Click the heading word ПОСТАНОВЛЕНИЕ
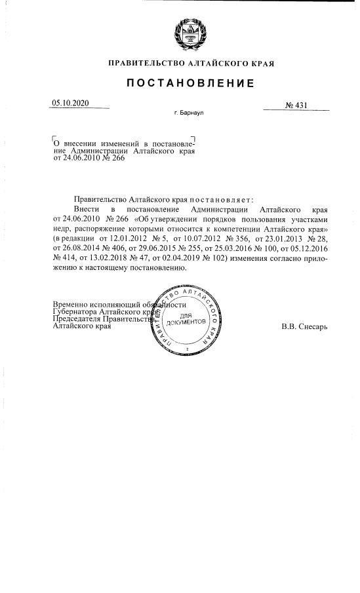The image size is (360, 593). [x=190, y=83]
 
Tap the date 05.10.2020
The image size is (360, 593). [x=70, y=103]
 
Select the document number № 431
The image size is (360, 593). [x=296, y=105]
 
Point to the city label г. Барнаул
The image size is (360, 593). [x=189, y=113]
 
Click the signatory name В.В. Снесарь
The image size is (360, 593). [x=304, y=326]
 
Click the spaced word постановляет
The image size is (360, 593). [x=220, y=199]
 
